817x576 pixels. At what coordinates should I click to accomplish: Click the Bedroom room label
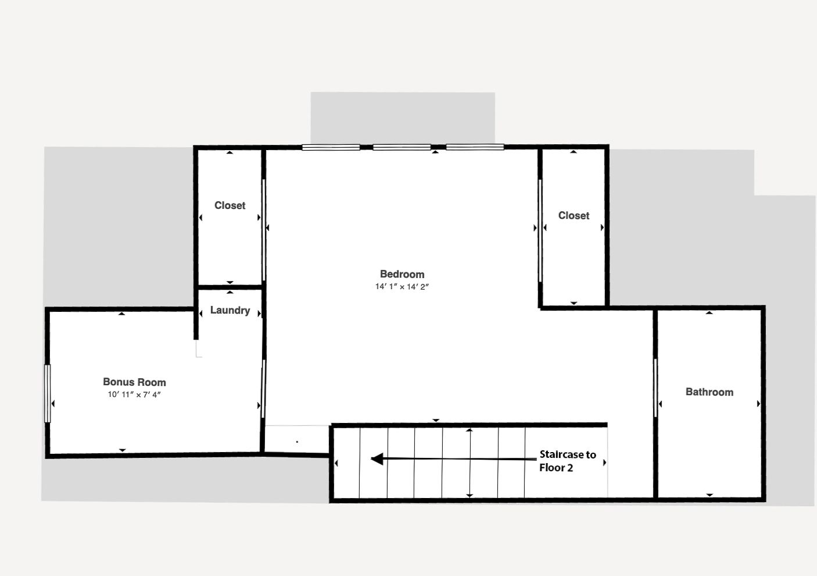[x=402, y=274]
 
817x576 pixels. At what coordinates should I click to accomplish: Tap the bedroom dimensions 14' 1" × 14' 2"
[x=402, y=287]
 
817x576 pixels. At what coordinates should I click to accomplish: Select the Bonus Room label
[x=134, y=382]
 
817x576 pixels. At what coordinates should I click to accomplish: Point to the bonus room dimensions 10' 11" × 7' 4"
[x=134, y=394]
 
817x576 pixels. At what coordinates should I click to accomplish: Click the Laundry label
[x=230, y=311]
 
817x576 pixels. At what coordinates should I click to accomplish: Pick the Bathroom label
[x=709, y=392]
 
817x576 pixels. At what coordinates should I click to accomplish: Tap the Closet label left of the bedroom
[x=230, y=205]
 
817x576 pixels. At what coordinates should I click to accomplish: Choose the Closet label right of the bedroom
[x=574, y=215]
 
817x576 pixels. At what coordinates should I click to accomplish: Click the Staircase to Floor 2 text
[x=568, y=461]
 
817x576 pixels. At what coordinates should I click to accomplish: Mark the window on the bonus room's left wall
[x=48, y=394]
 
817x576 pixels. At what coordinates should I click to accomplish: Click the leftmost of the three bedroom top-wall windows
[x=331, y=147]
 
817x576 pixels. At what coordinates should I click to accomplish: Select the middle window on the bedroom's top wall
[x=402, y=147]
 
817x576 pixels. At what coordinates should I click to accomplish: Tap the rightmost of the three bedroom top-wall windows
[x=475, y=147]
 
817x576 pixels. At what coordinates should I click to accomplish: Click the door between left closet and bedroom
[x=263, y=230]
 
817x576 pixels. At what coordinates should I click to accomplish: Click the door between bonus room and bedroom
[x=263, y=389]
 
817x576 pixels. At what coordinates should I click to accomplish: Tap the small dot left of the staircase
[x=298, y=442]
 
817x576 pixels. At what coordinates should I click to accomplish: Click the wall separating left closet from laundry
[x=230, y=287]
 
